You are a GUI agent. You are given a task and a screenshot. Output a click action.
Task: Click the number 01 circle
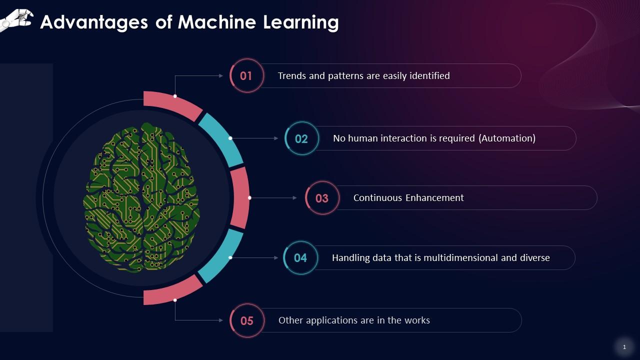click(246, 76)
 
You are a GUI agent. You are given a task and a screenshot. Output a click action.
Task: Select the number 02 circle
click(301, 138)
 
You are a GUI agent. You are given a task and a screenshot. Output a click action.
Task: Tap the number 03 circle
click(322, 198)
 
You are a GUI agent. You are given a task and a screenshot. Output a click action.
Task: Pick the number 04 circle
click(300, 258)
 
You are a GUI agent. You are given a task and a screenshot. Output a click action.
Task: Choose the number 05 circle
click(247, 320)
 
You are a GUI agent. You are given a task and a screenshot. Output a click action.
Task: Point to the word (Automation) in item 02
click(507, 138)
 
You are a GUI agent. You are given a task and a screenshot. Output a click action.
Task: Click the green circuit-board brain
click(141, 197)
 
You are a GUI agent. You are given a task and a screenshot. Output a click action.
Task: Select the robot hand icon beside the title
click(16, 19)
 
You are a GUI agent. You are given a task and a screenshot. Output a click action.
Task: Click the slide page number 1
click(624, 347)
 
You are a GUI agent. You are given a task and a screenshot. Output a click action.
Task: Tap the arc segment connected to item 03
click(240, 197)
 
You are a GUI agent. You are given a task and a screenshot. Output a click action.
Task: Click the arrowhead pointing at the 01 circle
click(221, 76)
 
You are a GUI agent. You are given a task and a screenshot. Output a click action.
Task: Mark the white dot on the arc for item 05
click(175, 300)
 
